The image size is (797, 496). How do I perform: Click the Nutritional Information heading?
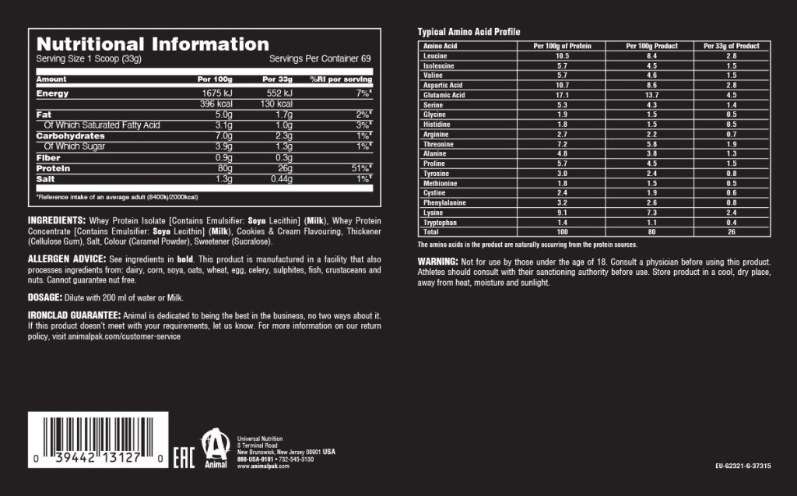(153, 44)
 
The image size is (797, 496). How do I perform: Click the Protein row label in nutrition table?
(54, 167)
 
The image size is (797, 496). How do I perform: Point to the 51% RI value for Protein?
(361, 167)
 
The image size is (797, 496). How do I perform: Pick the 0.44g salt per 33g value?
(279, 178)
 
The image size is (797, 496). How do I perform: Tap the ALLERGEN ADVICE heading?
(66, 259)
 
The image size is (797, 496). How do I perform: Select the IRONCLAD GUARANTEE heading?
(75, 315)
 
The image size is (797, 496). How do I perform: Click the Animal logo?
(215, 449)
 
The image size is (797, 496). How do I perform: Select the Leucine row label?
(435, 56)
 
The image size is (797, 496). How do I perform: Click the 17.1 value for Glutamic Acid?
(562, 95)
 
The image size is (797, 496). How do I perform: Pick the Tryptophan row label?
(439, 222)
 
